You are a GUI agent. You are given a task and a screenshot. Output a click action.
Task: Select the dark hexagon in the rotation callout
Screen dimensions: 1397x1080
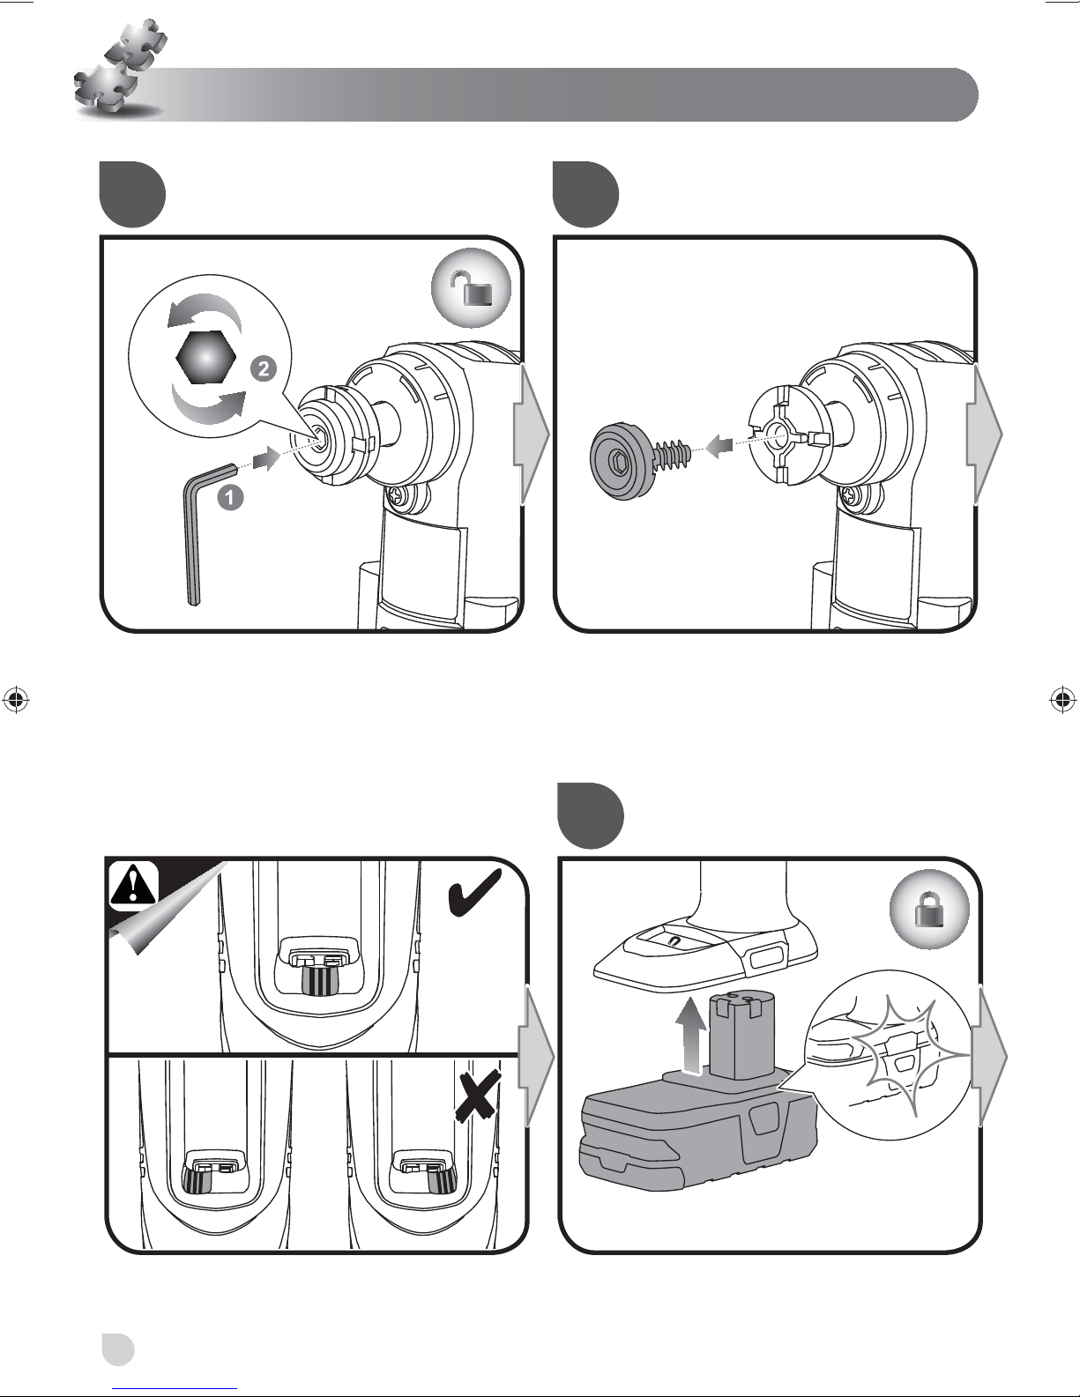[x=205, y=357]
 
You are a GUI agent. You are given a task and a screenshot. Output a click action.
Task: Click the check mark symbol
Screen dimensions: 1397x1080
[x=473, y=894]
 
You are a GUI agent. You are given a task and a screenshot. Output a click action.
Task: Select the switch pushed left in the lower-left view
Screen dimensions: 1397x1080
[x=197, y=1177]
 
